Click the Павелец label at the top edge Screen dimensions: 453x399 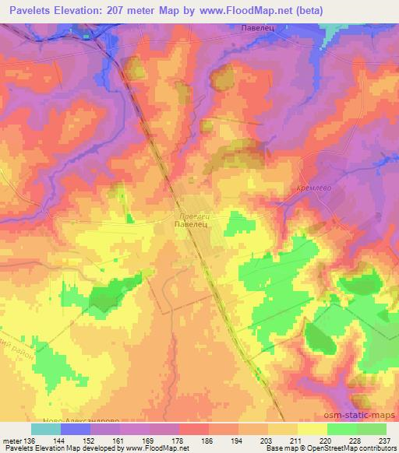[256, 28]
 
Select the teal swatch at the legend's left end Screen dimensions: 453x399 [45, 429]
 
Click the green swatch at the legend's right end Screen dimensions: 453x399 [371, 429]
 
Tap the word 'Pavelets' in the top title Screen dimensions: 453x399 [30, 10]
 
